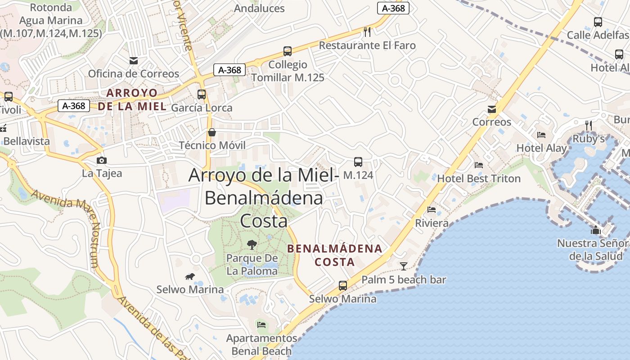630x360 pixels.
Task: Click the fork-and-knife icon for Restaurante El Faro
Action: tap(367, 31)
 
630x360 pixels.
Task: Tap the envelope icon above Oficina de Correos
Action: tap(134, 60)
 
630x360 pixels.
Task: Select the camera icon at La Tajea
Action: tap(102, 160)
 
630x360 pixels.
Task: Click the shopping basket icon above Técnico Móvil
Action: tap(212, 132)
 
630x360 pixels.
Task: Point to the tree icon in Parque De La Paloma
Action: tap(252, 245)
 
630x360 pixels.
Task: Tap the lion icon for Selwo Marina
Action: tap(190, 276)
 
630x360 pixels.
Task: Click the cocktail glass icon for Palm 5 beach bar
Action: tap(404, 266)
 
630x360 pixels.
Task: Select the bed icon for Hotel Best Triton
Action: tap(479, 165)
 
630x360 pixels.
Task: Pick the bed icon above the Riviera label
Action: tap(432, 210)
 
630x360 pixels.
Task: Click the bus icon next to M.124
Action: tap(358, 162)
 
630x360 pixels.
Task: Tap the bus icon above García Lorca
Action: tap(202, 94)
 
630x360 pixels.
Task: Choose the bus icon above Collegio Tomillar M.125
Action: tap(288, 51)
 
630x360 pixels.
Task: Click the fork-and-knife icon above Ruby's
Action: tap(589, 125)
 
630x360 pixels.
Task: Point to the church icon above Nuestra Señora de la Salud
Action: tap(596, 230)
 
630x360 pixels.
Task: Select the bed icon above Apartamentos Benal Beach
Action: tap(261, 324)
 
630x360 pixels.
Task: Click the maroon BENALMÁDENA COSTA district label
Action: tap(334, 255)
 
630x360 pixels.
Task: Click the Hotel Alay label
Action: tap(542, 148)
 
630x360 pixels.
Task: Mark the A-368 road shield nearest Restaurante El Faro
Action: tap(393, 8)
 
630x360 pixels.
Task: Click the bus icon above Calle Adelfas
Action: tap(598, 22)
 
